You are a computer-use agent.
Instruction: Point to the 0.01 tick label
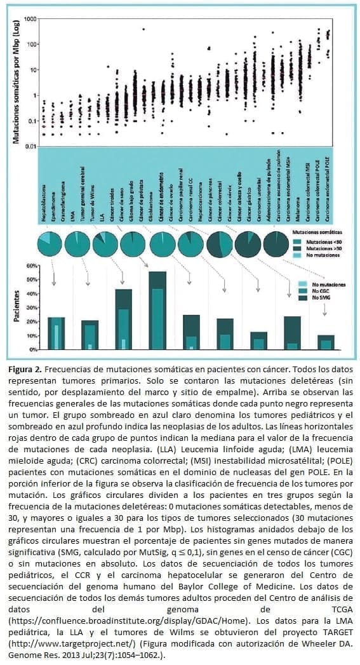(29, 147)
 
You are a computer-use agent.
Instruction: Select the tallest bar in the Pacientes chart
(157, 311)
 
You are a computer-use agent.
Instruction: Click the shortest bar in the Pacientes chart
(325, 342)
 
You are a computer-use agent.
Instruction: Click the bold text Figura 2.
(26, 369)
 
